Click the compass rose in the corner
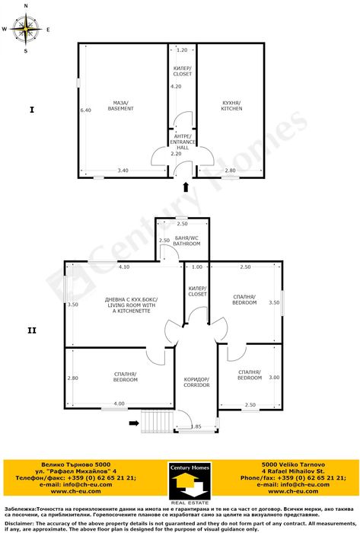[27, 30]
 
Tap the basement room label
[120, 106]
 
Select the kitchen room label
[231, 106]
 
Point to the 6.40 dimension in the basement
[85, 110]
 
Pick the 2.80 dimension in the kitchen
[231, 171]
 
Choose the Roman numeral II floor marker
[31, 330]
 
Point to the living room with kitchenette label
[131, 305]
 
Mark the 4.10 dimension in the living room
[125, 266]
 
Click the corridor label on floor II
[196, 382]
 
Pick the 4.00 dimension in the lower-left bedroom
[119, 403]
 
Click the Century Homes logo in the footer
[185, 484]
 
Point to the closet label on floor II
[197, 291]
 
